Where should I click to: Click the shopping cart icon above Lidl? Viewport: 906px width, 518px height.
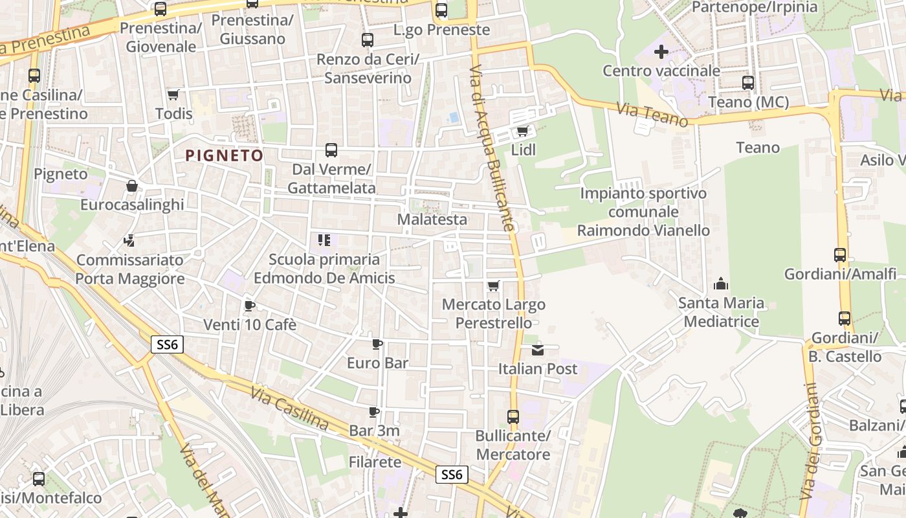coord(522,131)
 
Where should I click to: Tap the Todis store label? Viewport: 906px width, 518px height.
coord(173,113)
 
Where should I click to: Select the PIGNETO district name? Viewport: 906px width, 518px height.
coord(225,155)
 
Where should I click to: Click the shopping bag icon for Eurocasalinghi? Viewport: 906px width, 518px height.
coord(132,186)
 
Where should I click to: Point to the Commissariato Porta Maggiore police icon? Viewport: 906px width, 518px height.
coord(129,241)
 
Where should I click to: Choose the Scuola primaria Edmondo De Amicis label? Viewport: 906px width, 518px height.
coord(324,269)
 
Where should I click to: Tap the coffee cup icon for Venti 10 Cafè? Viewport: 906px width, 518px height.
coord(250,306)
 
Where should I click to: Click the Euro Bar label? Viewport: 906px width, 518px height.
coord(378,363)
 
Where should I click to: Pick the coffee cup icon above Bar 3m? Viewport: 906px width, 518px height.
coord(373,412)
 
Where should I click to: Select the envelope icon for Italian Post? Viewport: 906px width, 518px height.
coord(538,350)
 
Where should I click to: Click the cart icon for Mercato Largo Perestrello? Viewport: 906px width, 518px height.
coord(494,286)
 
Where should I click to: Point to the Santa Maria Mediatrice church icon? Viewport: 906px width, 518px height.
coord(721,284)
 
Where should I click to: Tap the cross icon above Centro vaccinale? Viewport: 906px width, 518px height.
coord(661,52)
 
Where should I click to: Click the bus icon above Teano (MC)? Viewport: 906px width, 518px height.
coord(748,83)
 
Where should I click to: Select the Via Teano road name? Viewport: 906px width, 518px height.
coord(652,115)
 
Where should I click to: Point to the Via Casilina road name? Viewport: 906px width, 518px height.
coord(289,407)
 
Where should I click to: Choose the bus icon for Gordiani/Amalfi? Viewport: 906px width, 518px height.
coord(840,255)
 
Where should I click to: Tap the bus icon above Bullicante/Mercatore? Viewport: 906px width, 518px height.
coord(513,417)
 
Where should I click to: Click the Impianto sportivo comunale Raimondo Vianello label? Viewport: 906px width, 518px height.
coord(643,212)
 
